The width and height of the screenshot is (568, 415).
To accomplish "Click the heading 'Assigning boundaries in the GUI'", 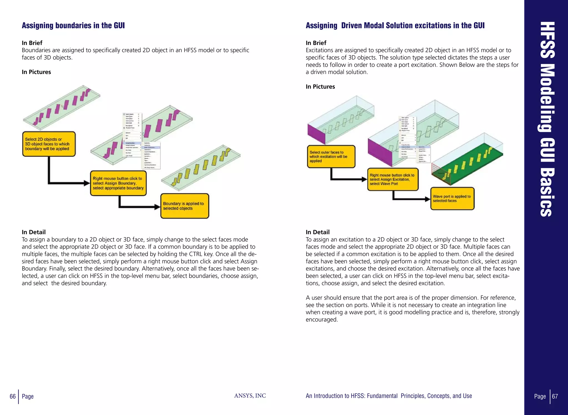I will point(73,26).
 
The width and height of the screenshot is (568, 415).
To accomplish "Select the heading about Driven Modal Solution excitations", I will point(395,26).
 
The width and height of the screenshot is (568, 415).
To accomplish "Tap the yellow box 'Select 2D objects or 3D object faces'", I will point(49,144).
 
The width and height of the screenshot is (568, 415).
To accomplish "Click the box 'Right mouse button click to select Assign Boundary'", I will point(118,183).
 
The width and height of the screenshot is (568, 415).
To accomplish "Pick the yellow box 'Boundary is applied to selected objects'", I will point(184,206).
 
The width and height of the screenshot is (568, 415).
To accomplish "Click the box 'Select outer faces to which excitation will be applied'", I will point(331,157).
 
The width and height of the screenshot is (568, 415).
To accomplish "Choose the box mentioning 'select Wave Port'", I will point(392,179).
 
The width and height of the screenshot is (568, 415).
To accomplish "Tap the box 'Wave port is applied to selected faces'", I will point(452,198).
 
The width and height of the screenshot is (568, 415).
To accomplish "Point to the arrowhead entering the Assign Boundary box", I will point(87,183).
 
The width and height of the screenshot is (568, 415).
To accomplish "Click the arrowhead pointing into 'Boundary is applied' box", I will point(158,207).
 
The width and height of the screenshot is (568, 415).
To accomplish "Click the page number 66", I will point(12,396).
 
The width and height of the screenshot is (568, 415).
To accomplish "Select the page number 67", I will point(555,396).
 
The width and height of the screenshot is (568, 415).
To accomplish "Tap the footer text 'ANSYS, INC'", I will point(250,396).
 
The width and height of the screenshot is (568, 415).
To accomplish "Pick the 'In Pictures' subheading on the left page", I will point(36,72).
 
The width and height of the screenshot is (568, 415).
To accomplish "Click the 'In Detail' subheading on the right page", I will point(318,232).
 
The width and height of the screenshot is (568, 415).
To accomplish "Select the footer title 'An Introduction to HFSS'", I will point(389,396).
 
